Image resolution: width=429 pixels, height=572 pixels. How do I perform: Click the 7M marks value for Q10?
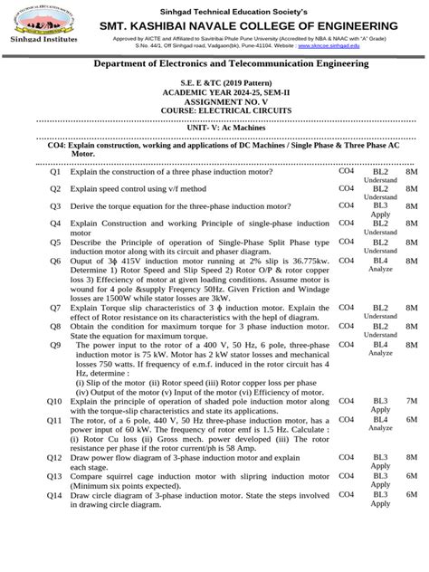point(412,399)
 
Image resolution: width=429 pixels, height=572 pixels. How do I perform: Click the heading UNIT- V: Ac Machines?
point(214,129)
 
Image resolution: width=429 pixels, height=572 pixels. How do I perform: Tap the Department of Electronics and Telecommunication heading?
point(214,64)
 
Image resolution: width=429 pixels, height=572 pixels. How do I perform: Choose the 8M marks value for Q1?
point(412,171)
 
